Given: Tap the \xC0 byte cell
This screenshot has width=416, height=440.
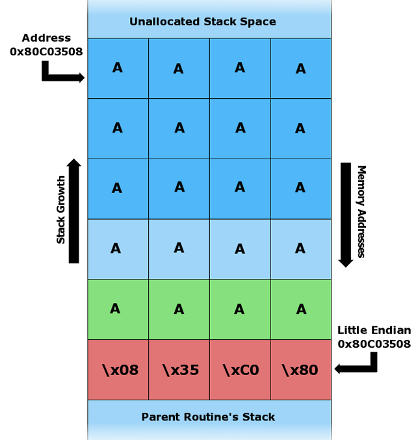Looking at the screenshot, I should (240, 370).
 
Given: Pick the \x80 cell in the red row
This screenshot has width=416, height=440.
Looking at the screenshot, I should (300, 370).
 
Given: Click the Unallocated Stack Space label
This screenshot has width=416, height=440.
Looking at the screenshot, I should (202, 22).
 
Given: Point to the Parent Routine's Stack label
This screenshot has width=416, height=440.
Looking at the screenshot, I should (208, 417).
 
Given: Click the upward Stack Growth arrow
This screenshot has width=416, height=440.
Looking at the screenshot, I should (74, 211).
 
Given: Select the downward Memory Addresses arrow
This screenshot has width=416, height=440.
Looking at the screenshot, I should (346, 214).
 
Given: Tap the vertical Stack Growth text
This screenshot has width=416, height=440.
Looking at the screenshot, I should (61, 209).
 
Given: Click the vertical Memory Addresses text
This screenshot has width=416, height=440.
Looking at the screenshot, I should (361, 211).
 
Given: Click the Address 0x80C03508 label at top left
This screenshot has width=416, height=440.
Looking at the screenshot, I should (46, 45).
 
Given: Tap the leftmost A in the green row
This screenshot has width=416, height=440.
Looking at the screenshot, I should (115, 309).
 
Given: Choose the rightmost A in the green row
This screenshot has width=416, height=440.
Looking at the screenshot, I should (301, 309).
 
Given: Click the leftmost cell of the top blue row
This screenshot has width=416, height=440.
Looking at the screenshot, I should (118, 68).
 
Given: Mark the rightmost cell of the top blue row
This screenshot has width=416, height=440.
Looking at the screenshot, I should (300, 68).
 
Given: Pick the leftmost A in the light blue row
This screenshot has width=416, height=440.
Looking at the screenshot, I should (116, 248).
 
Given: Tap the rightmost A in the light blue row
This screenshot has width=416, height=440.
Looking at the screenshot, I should (300, 248).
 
